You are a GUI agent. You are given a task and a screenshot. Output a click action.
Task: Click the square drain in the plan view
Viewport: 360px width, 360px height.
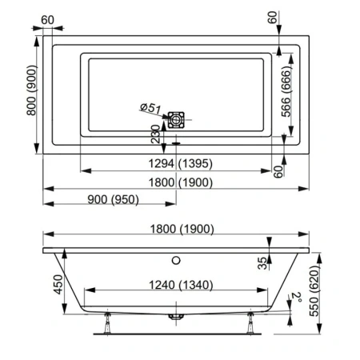[176, 121]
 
